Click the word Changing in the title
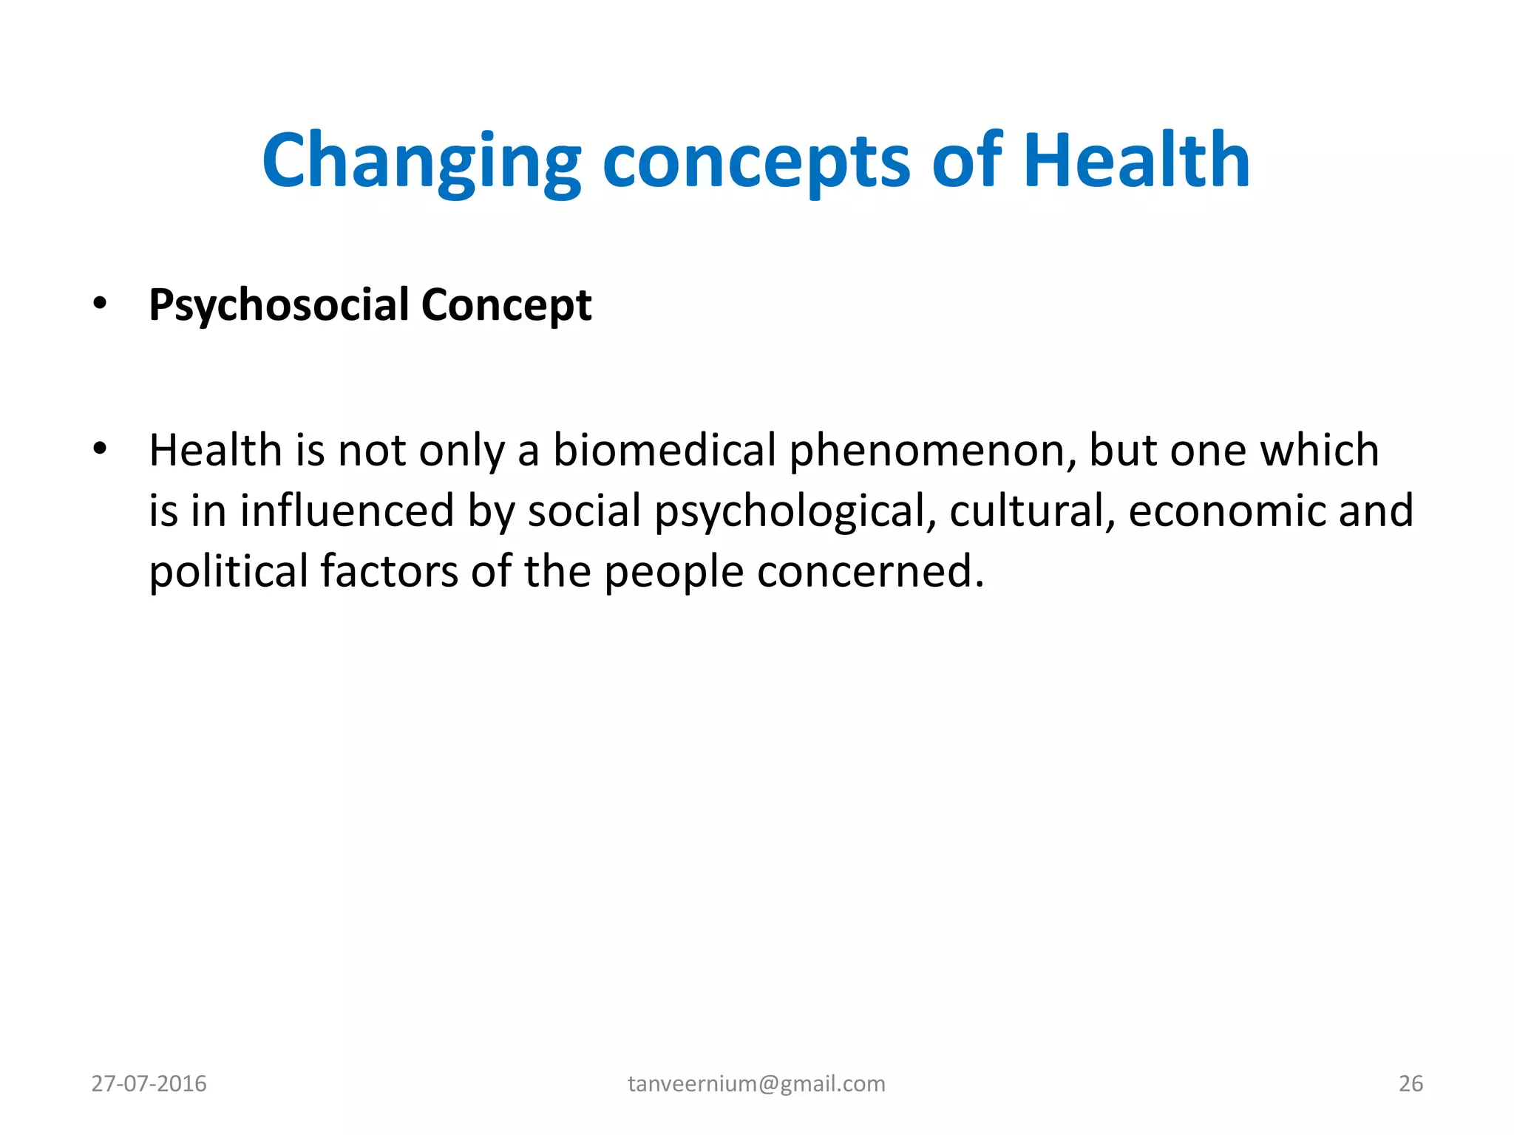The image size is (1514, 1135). tap(421, 161)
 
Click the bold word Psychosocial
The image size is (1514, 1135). tap(279, 304)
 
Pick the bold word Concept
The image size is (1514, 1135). tap(506, 304)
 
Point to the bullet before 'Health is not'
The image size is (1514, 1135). tap(100, 448)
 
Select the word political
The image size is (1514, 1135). tap(228, 571)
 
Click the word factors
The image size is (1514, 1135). tap(390, 571)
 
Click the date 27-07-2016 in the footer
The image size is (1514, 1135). tap(149, 1083)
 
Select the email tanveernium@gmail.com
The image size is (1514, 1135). tap(756, 1083)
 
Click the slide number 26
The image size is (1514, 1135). tap(1411, 1083)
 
